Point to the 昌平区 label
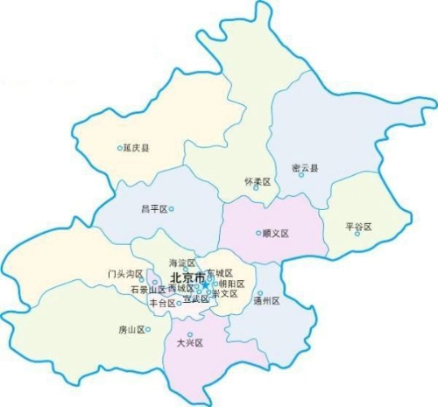(x=153, y=209)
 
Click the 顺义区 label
(x=276, y=234)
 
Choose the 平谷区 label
(x=360, y=227)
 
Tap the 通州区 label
(x=265, y=300)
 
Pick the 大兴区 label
(x=189, y=343)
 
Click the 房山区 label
(x=131, y=330)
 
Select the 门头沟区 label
(x=124, y=274)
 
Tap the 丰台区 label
(x=162, y=303)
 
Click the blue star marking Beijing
(x=205, y=283)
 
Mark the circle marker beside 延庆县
(x=120, y=148)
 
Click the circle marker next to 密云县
(x=301, y=174)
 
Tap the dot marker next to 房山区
(x=148, y=330)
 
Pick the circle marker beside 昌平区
(x=172, y=209)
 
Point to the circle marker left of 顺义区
(x=258, y=234)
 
